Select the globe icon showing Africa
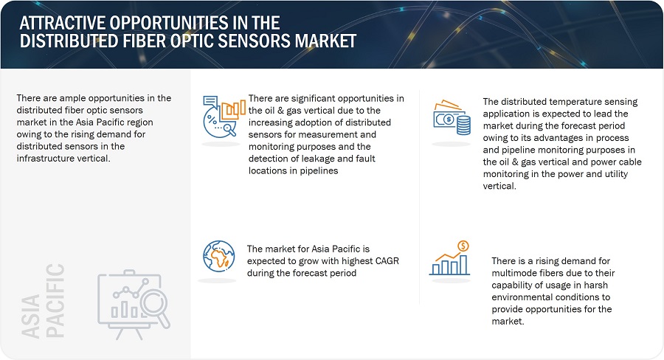point(218,256)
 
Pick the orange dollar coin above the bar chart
point(463,246)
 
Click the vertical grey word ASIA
point(31,316)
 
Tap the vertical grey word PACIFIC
point(55,301)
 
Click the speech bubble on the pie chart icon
point(210,102)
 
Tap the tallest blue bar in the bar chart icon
point(463,265)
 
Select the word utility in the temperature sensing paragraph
point(614,174)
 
